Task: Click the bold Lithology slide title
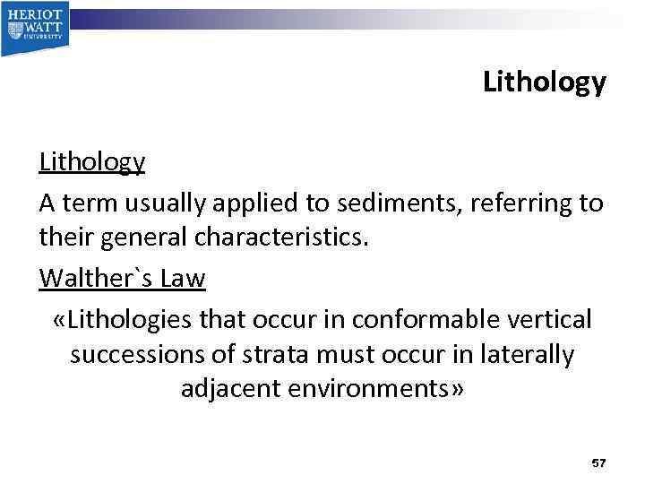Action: click(x=544, y=82)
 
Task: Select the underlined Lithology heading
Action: click(x=91, y=161)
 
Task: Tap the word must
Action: click(x=349, y=355)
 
